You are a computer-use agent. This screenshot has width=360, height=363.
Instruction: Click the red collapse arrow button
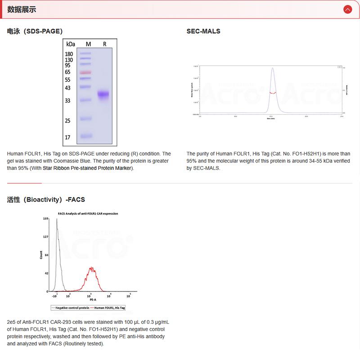pyautogui.click(x=347, y=9)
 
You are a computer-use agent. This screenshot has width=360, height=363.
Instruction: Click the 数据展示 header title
pyautogui.click(x=22, y=9)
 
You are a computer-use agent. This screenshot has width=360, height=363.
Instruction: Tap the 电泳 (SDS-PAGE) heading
pyautogui.click(x=35, y=31)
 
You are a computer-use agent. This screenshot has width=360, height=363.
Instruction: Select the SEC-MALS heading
pyautogui.click(x=203, y=31)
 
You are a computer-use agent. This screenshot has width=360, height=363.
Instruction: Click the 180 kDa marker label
pyautogui.click(x=69, y=54)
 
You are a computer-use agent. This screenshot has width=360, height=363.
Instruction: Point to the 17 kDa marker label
pyautogui.click(x=68, y=137)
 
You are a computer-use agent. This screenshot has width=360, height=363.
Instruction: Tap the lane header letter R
pyautogui.click(x=104, y=44)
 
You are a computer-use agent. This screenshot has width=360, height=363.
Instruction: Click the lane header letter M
pyautogui.click(x=88, y=44)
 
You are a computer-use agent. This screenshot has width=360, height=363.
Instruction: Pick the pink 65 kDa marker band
pyautogui.click(x=85, y=72)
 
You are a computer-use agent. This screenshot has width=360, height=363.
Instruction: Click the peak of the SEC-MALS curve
pyautogui.click(x=272, y=68)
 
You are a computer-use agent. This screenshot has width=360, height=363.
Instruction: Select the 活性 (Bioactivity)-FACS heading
pyautogui.click(x=46, y=199)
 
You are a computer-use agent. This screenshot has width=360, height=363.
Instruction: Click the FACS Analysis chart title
pyautogui.click(x=88, y=213)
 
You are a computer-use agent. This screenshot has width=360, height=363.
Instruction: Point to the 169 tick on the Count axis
pyautogui.click(x=45, y=218)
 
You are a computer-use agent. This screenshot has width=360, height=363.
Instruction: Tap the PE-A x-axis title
pyautogui.click(x=92, y=299)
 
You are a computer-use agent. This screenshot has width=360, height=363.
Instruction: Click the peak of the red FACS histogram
pyautogui.click(x=92, y=268)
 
